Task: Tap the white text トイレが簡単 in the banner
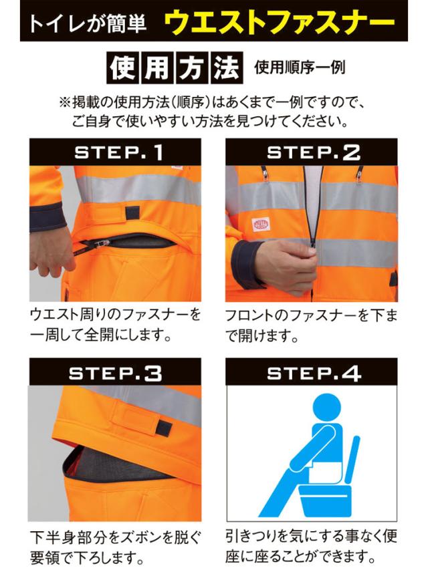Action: (x=88, y=23)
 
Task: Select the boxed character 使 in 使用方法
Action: (x=122, y=68)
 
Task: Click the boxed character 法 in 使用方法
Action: (x=226, y=68)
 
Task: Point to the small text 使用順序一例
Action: (x=300, y=67)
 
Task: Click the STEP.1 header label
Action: (x=118, y=152)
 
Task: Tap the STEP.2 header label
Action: (x=314, y=152)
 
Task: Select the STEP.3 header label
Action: (x=115, y=373)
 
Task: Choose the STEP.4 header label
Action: (x=314, y=373)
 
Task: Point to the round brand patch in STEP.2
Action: (x=261, y=224)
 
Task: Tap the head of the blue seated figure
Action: (x=326, y=408)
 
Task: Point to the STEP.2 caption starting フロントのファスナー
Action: (x=311, y=325)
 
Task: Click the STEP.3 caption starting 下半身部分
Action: (x=115, y=547)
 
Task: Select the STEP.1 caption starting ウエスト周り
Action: (x=115, y=325)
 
